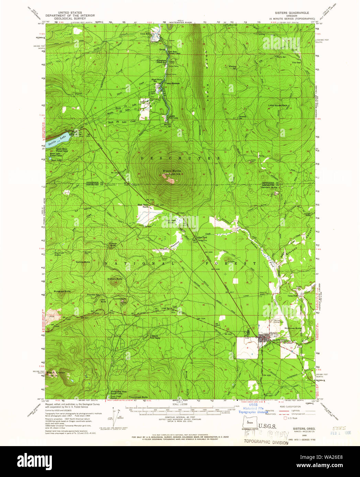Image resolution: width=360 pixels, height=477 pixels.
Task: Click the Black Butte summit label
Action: tap(171, 171)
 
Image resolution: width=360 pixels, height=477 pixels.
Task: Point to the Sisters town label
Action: tap(274, 333)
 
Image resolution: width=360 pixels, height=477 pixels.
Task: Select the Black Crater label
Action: tap(56, 372)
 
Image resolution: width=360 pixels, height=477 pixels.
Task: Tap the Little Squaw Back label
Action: tap(278, 105)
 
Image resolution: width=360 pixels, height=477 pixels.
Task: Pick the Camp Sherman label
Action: tap(173, 83)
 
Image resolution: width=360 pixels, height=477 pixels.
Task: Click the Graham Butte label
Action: tap(115, 279)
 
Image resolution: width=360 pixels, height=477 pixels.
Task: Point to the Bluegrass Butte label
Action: tap(62, 291)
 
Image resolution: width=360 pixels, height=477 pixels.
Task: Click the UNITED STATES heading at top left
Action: tap(70, 13)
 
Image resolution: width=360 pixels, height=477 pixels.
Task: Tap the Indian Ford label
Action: tap(201, 238)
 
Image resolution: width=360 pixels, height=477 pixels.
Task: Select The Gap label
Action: tap(296, 63)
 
